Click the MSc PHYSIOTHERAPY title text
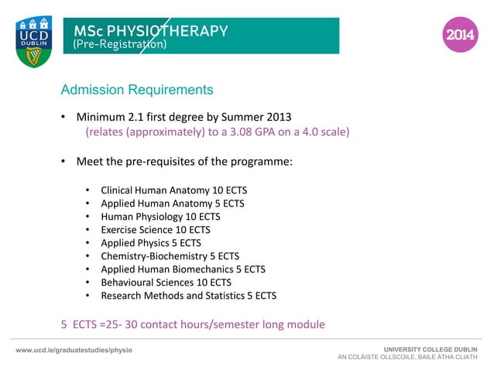tap(150, 31)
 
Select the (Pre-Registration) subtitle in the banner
tap(119, 45)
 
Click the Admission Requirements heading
tap(137, 90)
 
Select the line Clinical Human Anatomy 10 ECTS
tap(173, 190)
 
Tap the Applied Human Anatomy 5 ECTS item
tap(172, 203)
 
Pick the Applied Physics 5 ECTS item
tap(146, 242)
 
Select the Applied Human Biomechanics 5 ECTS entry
tap(183, 269)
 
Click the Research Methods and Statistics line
tap(188, 295)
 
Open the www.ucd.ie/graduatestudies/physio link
tap(74, 351)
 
